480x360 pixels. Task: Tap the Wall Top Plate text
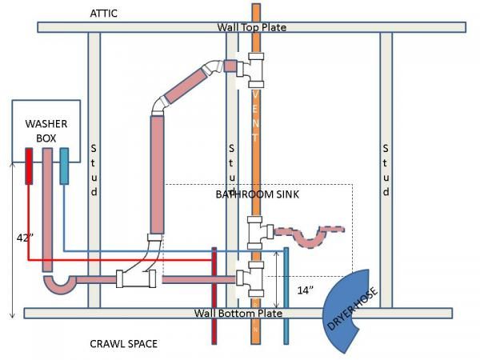tap(251, 27)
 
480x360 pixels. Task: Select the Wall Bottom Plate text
tap(238, 313)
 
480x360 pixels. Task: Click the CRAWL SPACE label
tap(123, 344)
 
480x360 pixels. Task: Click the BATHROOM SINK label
tap(258, 194)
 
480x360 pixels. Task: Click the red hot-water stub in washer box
tap(29, 166)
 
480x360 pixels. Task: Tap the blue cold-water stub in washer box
tap(64, 166)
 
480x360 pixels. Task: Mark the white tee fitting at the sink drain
tap(256, 232)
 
